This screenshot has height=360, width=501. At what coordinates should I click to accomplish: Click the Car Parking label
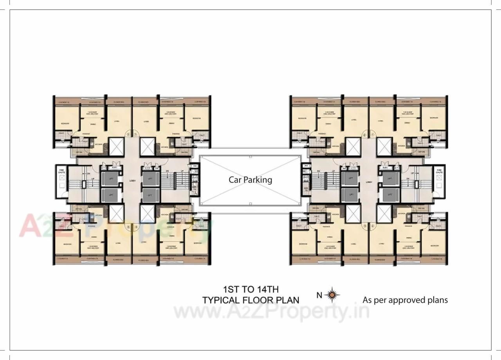[250, 180]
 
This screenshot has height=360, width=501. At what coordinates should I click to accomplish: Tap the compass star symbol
[332, 295]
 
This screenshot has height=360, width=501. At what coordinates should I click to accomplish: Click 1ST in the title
[231, 290]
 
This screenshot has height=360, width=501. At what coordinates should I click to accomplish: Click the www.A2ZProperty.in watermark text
[271, 312]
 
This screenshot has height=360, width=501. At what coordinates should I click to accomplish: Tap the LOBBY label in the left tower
[132, 181]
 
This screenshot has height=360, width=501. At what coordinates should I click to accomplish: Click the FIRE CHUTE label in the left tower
[61, 171]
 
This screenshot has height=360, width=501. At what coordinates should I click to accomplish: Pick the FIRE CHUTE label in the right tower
[439, 171]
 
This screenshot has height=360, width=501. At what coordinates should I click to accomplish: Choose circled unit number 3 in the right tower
[364, 226]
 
